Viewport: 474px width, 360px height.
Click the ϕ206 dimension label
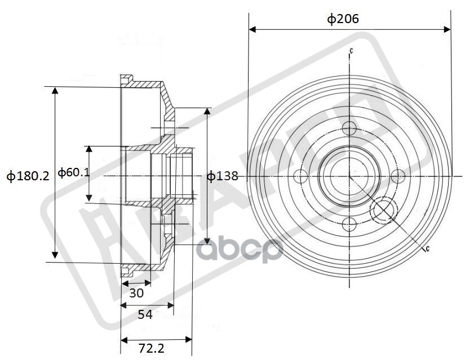pos(343,19)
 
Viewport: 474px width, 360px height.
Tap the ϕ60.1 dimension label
pos(73,172)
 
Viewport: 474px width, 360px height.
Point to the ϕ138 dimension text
pos(222,176)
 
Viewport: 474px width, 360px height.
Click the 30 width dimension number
pos(136,293)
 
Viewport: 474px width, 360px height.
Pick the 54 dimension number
pos(145,314)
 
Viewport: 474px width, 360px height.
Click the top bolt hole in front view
pos(349,128)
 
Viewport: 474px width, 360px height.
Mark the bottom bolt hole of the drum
pos(349,225)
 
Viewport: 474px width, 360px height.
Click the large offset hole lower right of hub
pos(384,212)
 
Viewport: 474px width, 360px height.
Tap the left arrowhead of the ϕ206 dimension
pos(251,29)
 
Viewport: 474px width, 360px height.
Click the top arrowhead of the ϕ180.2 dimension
pos(55,91)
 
